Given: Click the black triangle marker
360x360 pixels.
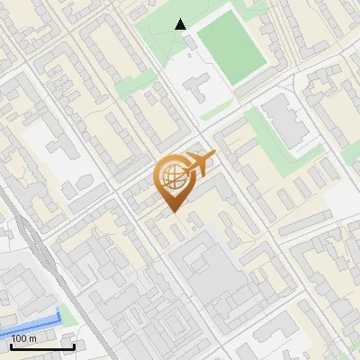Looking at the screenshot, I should click(181, 24).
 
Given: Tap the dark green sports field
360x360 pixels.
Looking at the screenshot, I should click(230, 44).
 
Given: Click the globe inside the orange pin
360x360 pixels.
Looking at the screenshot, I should click(172, 175).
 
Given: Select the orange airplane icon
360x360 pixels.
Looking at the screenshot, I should click(200, 164).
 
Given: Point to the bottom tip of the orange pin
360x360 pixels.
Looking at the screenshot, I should click(174, 212).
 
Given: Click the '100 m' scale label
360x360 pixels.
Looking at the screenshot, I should click(24, 337).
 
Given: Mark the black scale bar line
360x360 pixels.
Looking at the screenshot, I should click(42, 346).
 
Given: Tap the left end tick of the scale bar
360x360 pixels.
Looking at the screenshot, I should click(11, 346).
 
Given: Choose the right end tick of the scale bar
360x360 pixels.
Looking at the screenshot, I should click(74, 346).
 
